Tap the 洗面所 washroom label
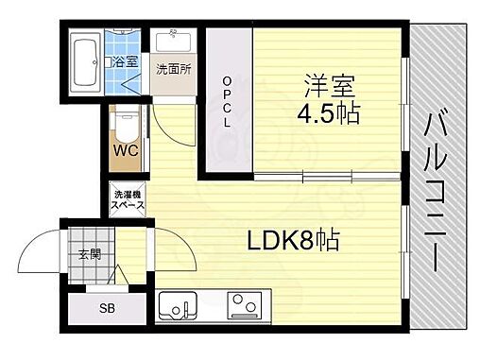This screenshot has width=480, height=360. pos(173,69)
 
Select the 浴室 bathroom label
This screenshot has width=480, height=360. pos(124,60)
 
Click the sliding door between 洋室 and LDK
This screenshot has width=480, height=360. pos(326,177)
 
